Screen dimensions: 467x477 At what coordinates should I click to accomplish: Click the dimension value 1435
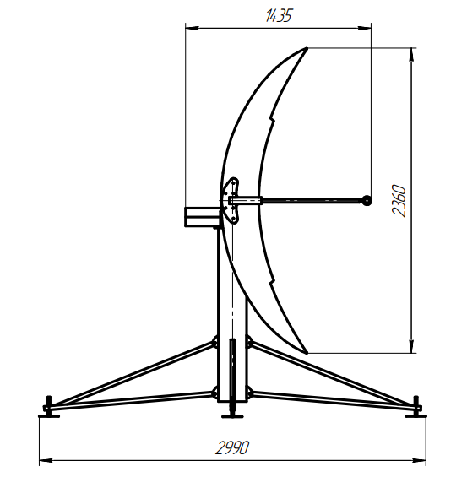(x=279, y=15)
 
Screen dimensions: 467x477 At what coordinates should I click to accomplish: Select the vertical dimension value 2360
(x=399, y=200)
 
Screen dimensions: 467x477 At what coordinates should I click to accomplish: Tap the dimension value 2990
(x=232, y=447)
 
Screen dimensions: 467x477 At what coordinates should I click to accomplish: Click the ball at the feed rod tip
(x=367, y=200)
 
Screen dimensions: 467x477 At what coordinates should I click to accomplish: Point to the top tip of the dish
(x=307, y=48)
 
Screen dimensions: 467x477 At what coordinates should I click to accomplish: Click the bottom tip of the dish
(x=307, y=353)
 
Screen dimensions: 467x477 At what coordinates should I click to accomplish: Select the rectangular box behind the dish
(x=203, y=217)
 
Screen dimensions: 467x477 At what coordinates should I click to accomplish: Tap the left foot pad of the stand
(x=49, y=415)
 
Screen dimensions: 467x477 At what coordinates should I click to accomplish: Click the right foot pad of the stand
(x=415, y=415)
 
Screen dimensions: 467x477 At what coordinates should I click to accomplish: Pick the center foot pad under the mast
(x=232, y=416)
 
